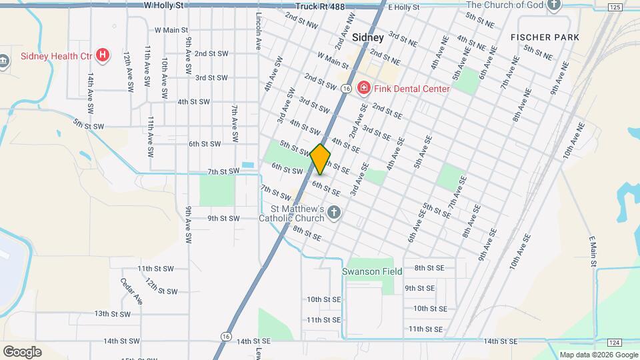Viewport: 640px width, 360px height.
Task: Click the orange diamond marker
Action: [x=320, y=159]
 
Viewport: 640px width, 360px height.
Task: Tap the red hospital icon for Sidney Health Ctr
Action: [x=102, y=55]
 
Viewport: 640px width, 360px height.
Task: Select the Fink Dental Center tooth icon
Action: [x=364, y=88]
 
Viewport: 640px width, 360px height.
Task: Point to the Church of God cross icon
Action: [x=553, y=5]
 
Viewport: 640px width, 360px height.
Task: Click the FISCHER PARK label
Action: [x=545, y=37]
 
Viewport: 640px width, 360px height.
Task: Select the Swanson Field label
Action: [x=372, y=271]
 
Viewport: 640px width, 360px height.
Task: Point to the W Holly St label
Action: [x=163, y=5]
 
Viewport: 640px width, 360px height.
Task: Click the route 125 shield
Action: [x=615, y=7]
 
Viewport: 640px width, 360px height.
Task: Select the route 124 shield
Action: [x=615, y=342]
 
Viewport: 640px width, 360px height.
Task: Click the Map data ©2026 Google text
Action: [x=597, y=355]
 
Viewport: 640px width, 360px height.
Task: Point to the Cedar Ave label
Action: [x=132, y=291]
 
